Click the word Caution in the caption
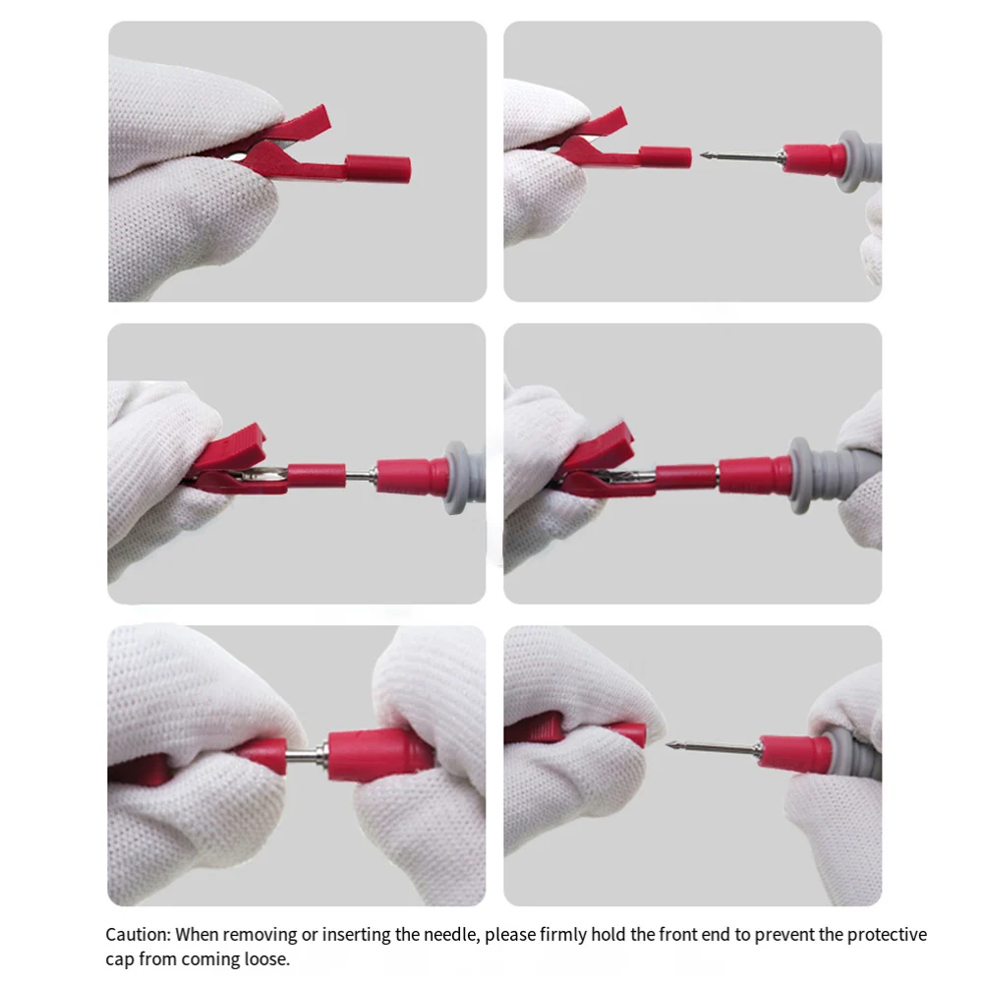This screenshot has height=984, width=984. pos(138,935)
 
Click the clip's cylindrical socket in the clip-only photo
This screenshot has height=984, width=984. pos(377,169)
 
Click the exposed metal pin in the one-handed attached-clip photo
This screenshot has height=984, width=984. pos(361,477)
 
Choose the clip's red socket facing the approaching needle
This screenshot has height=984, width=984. pos(666,156)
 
